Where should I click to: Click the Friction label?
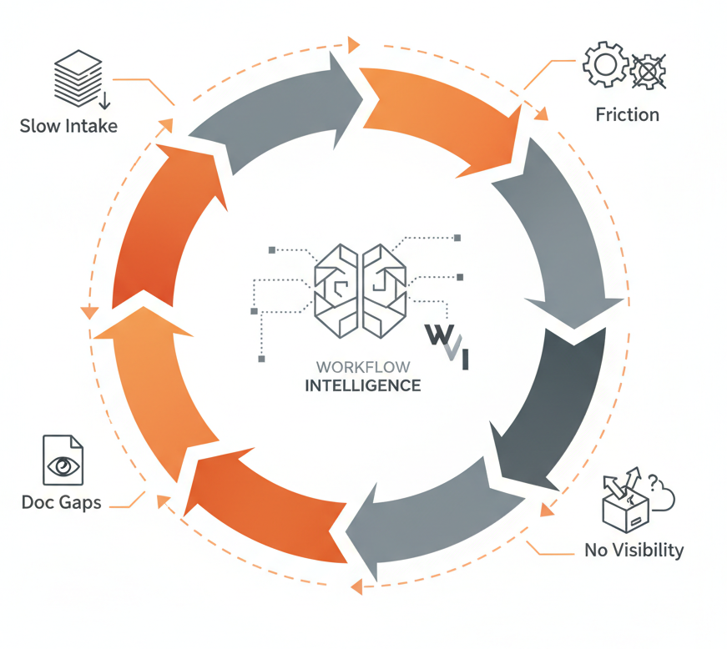pyautogui.click(x=627, y=114)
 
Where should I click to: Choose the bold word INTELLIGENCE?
pyautogui.click(x=362, y=385)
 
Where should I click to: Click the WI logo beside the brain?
pyautogui.click(x=447, y=345)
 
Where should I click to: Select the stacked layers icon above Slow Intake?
pyautogui.click(x=78, y=77)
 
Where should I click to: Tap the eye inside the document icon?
pyautogui.click(x=63, y=466)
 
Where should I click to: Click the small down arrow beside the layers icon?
pyautogui.click(x=105, y=102)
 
